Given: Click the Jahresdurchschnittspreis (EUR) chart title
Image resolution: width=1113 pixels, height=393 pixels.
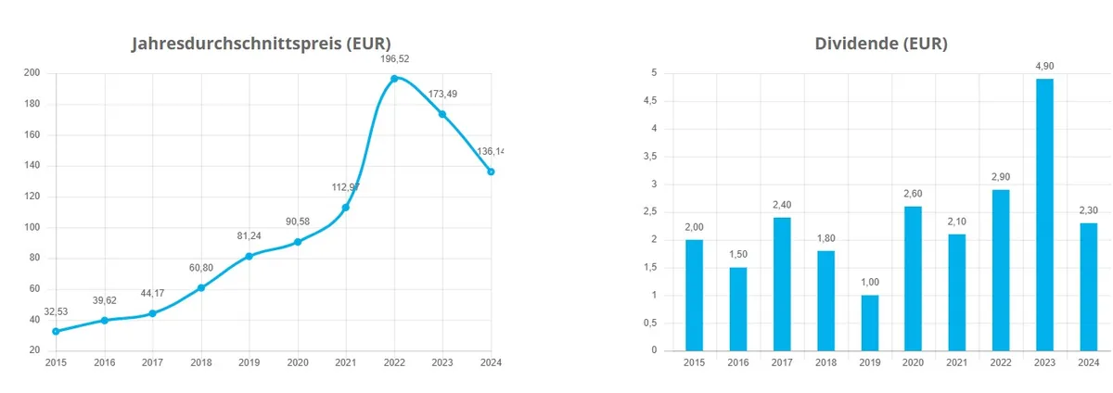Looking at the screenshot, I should click(x=261, y=44).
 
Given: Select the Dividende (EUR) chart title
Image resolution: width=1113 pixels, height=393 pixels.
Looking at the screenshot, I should click(x=880, y=44).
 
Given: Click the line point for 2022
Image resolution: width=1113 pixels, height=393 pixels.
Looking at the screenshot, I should click(x=394, y=79).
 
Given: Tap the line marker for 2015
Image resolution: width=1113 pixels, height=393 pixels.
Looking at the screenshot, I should click(x=56, y=331).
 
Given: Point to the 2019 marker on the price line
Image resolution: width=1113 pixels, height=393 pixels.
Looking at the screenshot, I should click(x=249, y=256).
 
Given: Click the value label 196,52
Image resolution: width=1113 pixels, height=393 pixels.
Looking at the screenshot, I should click(x=394, y=58).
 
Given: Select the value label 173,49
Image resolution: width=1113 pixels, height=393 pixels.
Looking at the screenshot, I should click(x=442, y=94).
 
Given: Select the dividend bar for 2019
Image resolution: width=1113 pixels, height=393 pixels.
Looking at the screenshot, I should click(x=869, y=323).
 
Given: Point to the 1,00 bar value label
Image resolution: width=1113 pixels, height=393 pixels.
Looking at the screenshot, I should click(x=869, y=281).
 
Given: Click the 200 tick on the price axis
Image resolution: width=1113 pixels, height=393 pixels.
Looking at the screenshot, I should click(x=32, y=73).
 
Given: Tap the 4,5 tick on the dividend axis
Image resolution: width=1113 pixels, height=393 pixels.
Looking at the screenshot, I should click(x=652, y=101).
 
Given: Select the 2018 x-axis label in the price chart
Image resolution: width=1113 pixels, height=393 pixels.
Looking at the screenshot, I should click(x=200, y=362).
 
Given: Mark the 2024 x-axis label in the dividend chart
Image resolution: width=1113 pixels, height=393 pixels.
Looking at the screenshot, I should click(x=1088, y=362).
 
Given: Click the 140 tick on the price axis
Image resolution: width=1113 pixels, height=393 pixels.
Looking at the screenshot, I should click(x=32, y=166).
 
